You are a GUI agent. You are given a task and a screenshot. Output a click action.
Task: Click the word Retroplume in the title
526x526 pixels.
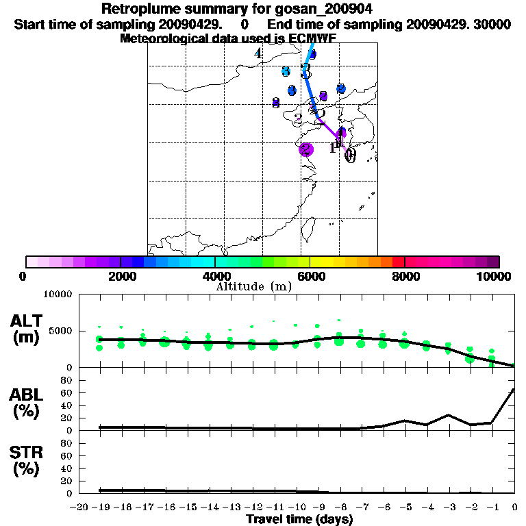(137, 9)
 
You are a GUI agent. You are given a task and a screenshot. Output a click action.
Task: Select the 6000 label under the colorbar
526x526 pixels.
(311, 276)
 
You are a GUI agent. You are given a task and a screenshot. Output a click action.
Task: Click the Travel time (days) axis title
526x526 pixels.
(299, 520)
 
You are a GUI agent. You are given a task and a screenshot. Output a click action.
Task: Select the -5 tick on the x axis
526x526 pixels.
(404, 508)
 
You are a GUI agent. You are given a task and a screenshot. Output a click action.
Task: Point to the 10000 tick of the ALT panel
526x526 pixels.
(59, 295)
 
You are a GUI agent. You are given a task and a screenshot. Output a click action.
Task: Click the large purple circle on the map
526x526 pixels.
(306, 149)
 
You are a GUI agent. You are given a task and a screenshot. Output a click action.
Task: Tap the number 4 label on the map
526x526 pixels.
(258, 53)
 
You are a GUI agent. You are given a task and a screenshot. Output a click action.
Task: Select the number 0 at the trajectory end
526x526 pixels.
(350, 155)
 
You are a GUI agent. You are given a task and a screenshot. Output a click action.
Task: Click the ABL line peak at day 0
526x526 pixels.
(514, 389)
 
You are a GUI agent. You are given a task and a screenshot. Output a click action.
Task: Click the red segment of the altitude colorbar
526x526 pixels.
(398, 262)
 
